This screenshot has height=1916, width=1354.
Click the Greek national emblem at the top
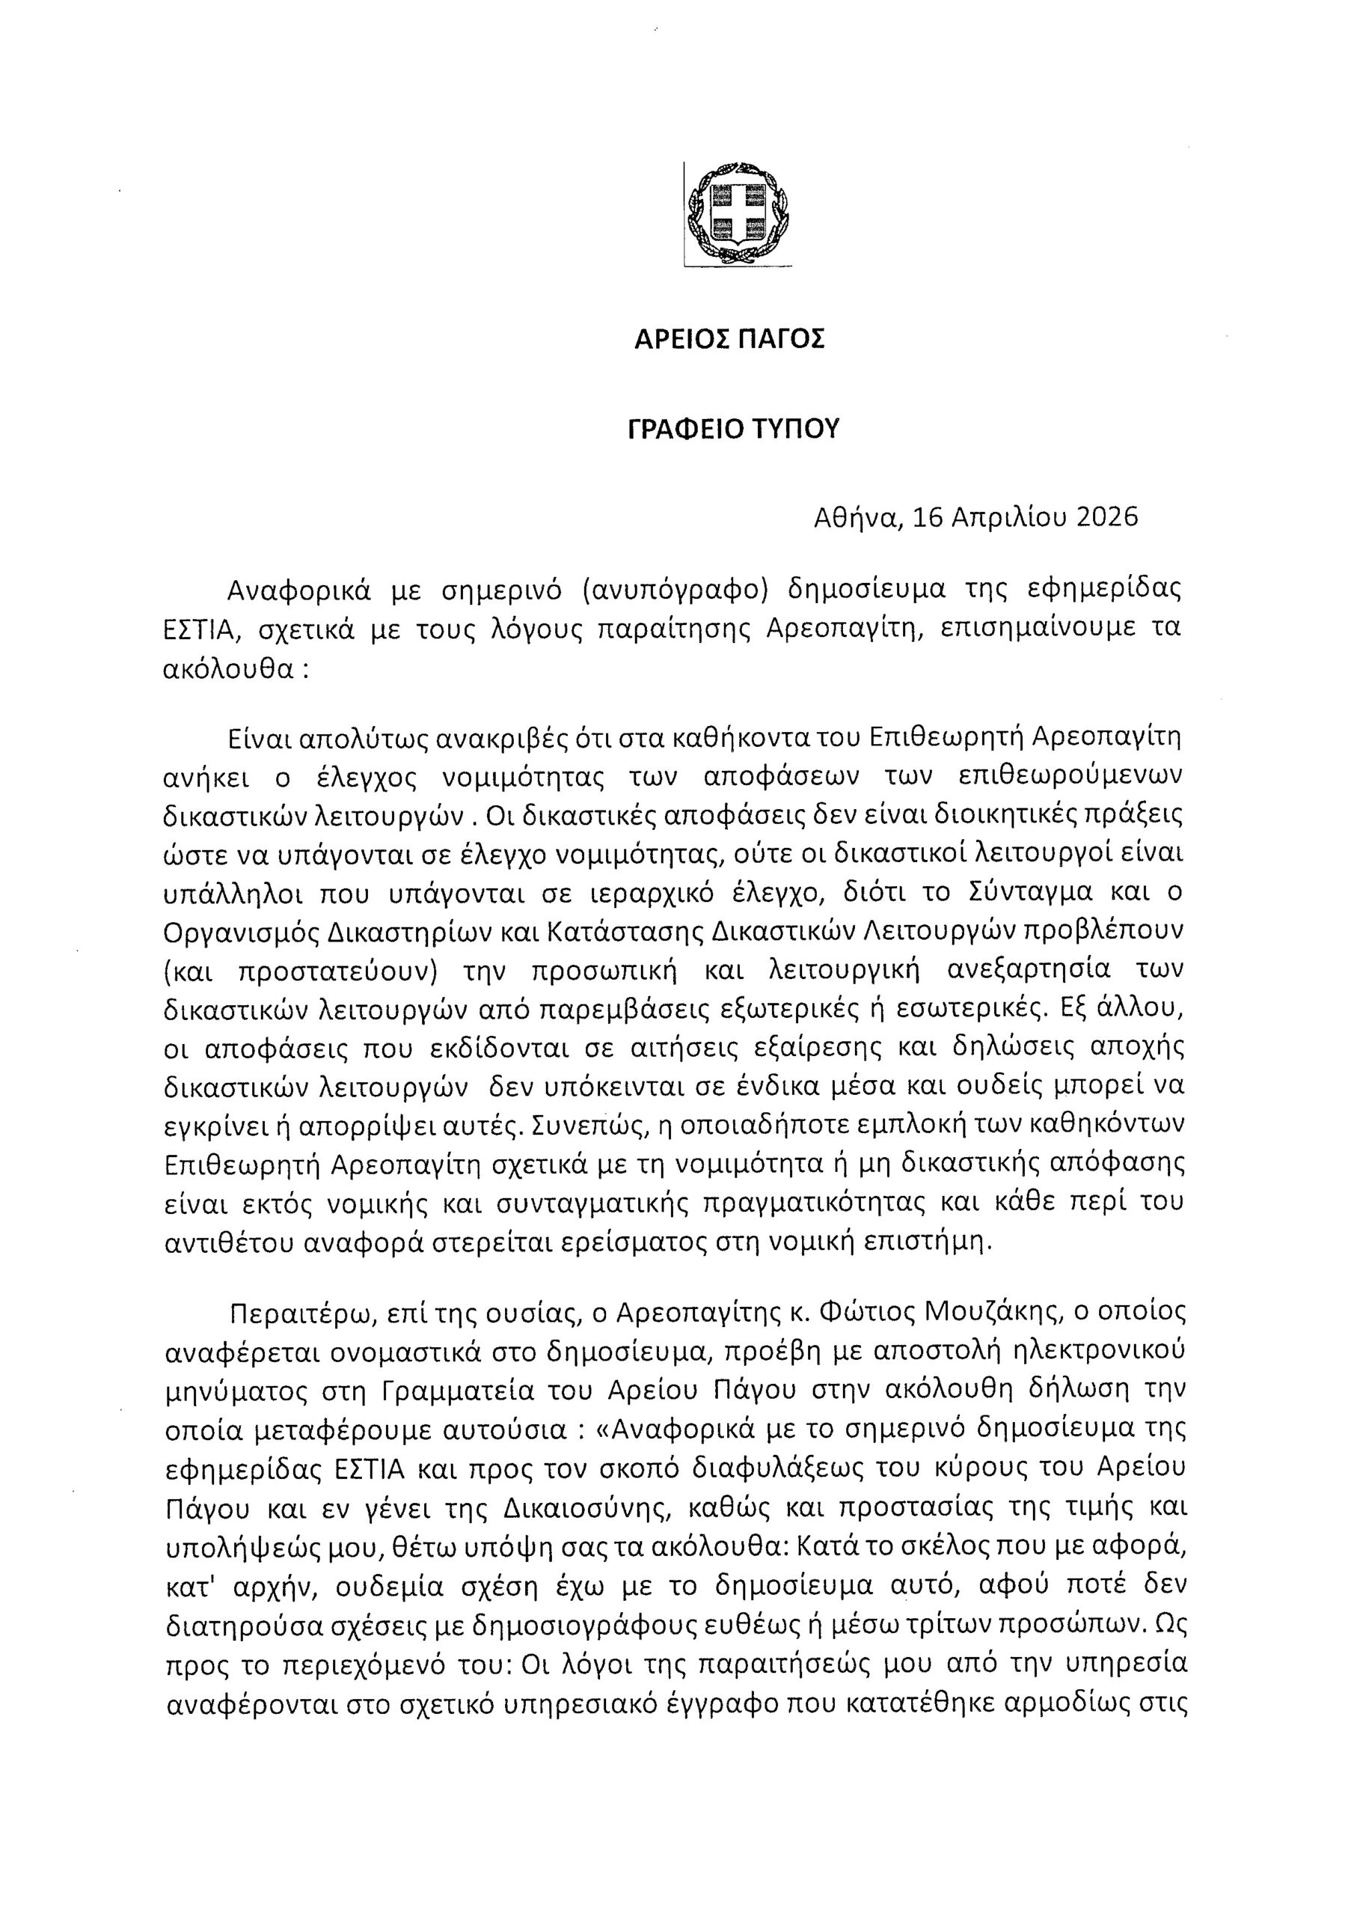[x=737, y=215]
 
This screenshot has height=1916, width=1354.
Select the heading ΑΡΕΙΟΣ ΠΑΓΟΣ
[x=729, y=340]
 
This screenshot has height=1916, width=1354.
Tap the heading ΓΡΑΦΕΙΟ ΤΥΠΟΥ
[x=732, y=429]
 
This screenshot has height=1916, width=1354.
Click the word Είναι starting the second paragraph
[x=260, y=739]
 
